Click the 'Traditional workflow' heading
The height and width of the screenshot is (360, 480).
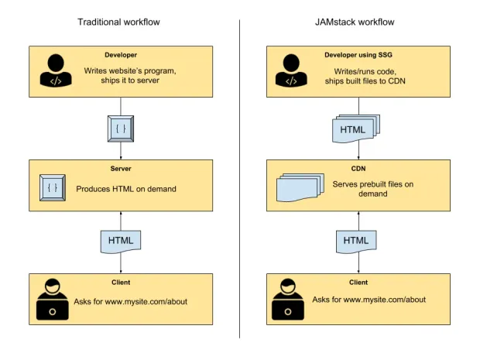point(118,22)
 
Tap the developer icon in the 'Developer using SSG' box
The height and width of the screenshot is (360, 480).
point(290,72)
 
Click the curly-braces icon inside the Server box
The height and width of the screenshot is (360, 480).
point(53,187)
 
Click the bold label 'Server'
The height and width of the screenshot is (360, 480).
point(119,168)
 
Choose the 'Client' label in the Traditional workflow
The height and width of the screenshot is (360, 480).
point(119,282)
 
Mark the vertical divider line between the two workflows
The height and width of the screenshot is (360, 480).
point(239,178)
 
